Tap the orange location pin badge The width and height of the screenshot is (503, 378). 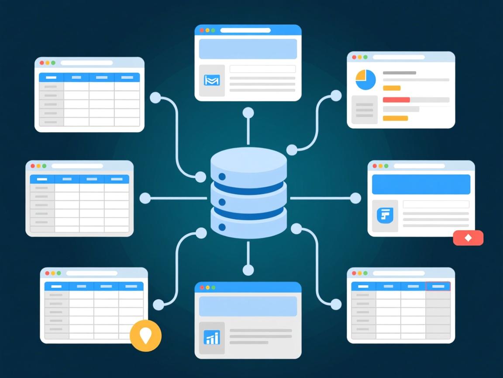pyautogui.click(x=145, y=336)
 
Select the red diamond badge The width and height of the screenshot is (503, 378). pyautogui.click(x=468, y=238)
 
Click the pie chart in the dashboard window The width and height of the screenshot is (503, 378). pyautogui.click(x=365, y=80)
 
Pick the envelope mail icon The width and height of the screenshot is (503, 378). pyautogui.click(x=212, y=80)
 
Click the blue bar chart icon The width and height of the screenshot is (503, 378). pyautogui.click(x=212, y=337)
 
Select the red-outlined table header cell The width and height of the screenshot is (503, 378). pyautogui.click(x=438, y=287)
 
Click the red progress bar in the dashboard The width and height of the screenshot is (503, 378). pyautogui.click(x=396, y=100)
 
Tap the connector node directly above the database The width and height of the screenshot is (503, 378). pyautogui.click(x=248, y=113)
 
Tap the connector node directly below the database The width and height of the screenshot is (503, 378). pyautogui.click(x=248, y=270)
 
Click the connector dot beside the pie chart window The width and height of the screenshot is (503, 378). pyautogui.click(x=336, y=96)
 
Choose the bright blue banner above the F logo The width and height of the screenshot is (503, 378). pyautogui.click(x=421, y=184)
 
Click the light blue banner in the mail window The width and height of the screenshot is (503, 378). pyautogui.click(x=248, y=49)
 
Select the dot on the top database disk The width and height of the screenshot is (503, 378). pyautogui.click(x=222, y=177)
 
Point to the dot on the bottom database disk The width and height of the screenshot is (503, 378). pyautogui.click(x=222, y=227)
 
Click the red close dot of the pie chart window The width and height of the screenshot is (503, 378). pyautogui.click(x=354, y=57)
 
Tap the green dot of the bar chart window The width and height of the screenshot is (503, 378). pyautogui.click(x=214, y=287)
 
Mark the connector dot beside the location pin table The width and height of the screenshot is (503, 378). pyautogui.click(x=158, y=305)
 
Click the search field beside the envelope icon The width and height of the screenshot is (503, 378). pyautogui.click(x=262, y=69)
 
